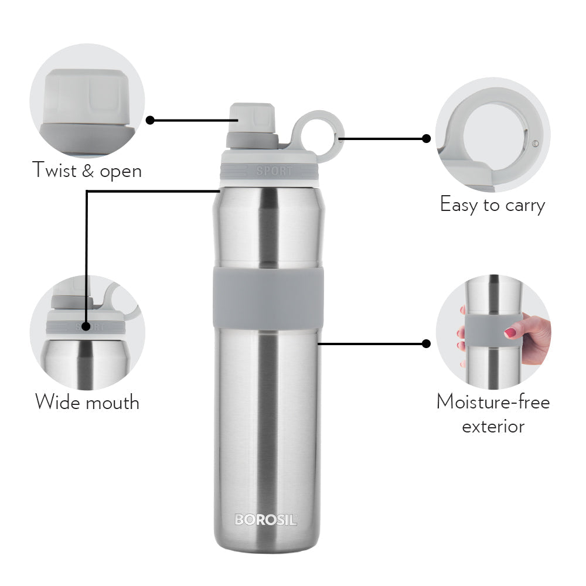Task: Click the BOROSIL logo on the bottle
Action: [265, 519]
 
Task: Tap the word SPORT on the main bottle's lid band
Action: [274, 171]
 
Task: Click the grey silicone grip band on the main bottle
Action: [268, 298]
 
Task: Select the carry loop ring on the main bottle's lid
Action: [317, 136]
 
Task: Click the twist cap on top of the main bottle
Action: [253, 125]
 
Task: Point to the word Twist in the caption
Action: [54, 170]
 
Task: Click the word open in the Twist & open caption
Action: [121, 172]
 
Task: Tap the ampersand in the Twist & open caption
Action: [88, 171]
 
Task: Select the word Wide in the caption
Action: [58, 402]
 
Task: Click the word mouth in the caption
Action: [113, 403]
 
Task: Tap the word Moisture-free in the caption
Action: [493, 402]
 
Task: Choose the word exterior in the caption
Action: [493, 427]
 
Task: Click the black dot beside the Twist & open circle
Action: [150, 120]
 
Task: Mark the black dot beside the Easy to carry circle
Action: [426, 139]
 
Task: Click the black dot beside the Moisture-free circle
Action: [426, 343]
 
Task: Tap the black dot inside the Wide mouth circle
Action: [86, 326]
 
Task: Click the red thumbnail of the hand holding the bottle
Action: [510, 332]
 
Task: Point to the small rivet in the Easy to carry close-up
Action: [535, 143]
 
